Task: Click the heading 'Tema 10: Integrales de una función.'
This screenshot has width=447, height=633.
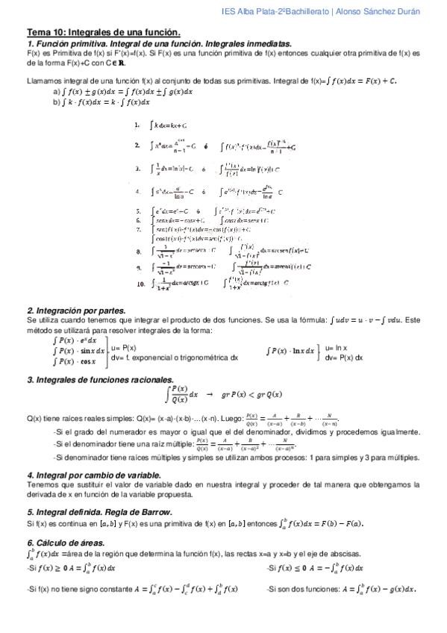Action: click(x=104, y=33)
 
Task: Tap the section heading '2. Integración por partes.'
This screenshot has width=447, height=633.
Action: click(x=76, y=310)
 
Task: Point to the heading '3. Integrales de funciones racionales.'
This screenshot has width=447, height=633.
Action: click(x=100, y=379)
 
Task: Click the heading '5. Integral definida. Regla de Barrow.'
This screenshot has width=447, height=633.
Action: click(x=99, y=511)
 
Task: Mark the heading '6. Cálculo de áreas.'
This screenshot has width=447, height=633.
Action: click(x=66, y=543)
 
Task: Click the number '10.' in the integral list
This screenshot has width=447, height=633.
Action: click(x=141, y=284)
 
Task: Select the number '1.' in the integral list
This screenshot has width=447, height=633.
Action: click(x=137, y=125)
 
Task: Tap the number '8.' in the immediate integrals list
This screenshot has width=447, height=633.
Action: click(x=139, y=252)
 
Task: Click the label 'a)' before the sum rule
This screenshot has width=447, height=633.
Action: click(x=57, y=92)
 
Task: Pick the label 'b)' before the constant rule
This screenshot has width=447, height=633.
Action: click(x=57, y=102)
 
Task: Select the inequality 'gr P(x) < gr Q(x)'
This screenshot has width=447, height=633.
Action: click(x=251, y=394)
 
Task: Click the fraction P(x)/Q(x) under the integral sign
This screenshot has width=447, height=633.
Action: click(x=179, y=394)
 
